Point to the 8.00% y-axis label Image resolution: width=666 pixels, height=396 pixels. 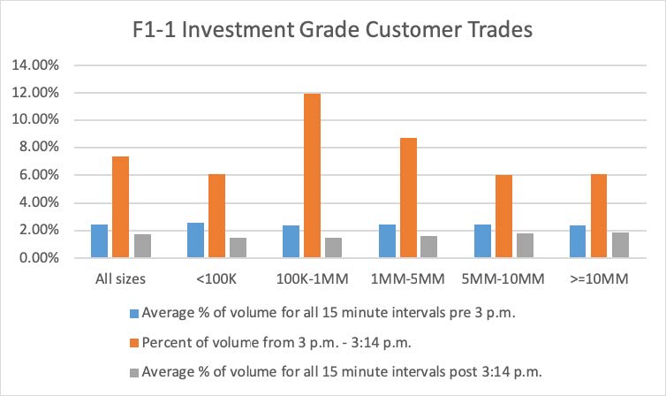(x=33, y=148)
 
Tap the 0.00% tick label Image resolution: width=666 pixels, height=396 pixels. (x=33, y=258)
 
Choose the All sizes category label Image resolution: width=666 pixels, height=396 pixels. (x=120, y=278)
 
